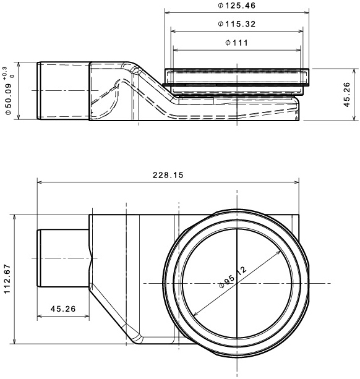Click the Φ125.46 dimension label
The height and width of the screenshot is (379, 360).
[236, 6]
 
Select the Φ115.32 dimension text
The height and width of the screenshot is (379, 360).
[236, 24]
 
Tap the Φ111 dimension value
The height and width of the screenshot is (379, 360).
[236, 43]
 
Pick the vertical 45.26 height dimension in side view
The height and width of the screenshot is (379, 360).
[346, 95]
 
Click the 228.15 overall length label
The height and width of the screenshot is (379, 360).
[168, 175]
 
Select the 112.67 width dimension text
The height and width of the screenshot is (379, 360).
[7, 279]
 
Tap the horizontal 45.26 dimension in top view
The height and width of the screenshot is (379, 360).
[63, 309]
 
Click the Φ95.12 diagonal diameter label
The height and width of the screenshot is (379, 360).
[233, 277]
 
